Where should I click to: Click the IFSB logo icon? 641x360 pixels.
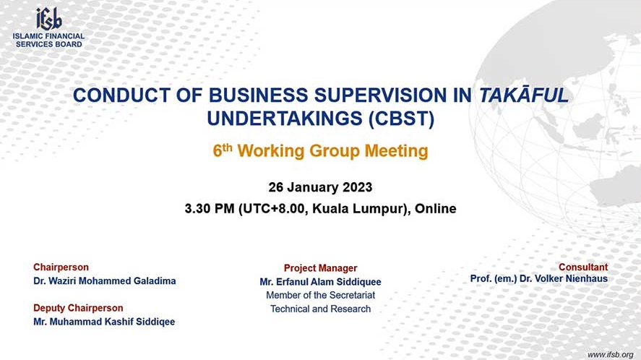click(x=48, y=19)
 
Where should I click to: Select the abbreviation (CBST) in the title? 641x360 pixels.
click(x=402, y=119)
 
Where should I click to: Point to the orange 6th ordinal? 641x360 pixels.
click(x=223, y=150)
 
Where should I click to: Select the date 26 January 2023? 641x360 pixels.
click(x=321, y=187)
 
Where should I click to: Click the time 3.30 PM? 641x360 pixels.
click(x=210, y=209)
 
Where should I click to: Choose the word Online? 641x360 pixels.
click(x=435, y=209)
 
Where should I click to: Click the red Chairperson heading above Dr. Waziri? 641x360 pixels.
click(x=61, y=267)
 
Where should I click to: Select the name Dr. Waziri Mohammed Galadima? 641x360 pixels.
click(x=105, y=281)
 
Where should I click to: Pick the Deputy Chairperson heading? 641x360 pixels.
click(x=78, y=308)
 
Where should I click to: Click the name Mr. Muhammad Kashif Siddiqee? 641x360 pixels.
click(x=104, y=322)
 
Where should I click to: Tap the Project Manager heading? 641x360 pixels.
click(x=321, y=268)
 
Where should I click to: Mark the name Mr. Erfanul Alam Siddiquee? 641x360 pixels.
click(x=321, y=282)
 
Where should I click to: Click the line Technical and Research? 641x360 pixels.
click(x=321, y=309)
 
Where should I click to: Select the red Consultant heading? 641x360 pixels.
click(x=583, y=267)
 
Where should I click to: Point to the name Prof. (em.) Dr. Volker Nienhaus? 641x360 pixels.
click(x=539, y=278)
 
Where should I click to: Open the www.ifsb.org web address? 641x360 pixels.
click(x=611, y=355)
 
